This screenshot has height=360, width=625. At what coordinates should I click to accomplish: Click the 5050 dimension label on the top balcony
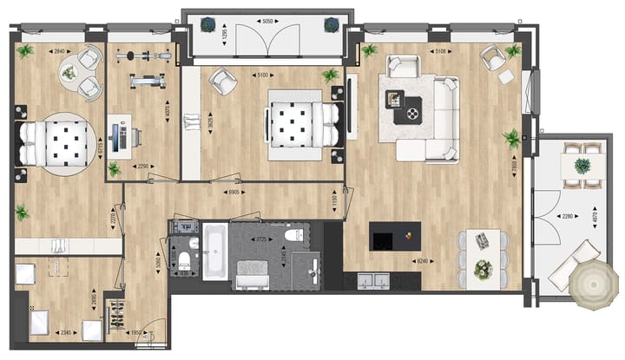pyautogui.click(x=268, y=19)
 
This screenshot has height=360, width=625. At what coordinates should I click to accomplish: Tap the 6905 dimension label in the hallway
pyautogui.click(x=232, y=192)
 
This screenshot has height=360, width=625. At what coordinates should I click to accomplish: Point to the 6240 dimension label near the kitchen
pyautogui.click(x=422, y=260)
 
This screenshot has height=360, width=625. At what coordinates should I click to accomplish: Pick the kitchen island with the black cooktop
pyautogui.click(x=395, y=236)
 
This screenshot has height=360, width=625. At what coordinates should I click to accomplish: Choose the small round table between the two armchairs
pyautogui.click(x=69, y=74)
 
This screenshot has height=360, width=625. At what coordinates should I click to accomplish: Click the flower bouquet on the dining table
pyautogui.click(x=483, y=266)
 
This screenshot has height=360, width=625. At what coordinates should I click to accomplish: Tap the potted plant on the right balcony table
pyautogui.click(x=582, y=165)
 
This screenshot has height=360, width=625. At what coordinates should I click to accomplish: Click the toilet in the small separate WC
pyautogui.click(x=184, y=260)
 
